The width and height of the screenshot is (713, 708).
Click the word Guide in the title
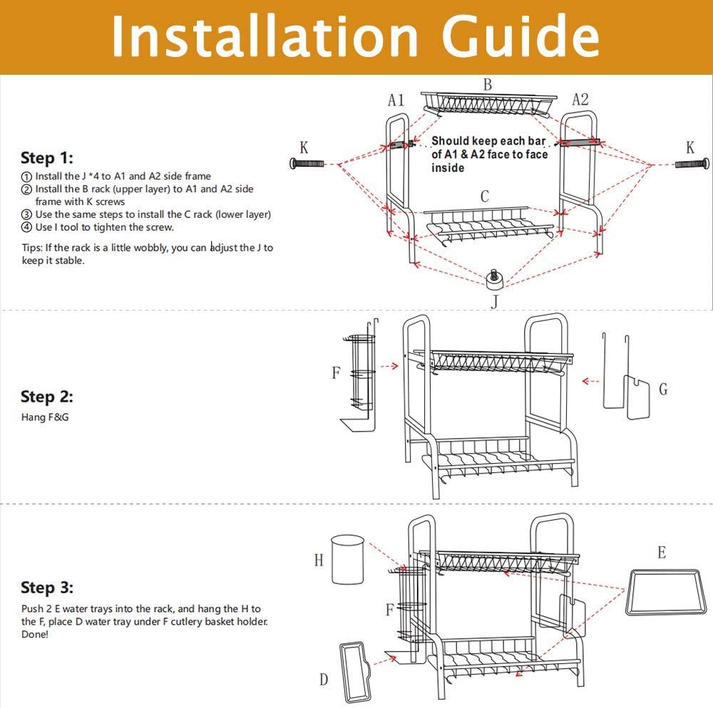tap(520, 36)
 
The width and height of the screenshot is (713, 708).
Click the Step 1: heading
tap(47, 158)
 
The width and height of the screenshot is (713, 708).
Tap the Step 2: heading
tap(47, 397)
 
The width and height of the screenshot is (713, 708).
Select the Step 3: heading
tap(47, 588)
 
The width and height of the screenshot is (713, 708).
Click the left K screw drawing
tap(307, 163)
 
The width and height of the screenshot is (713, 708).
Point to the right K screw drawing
tap(692, 163)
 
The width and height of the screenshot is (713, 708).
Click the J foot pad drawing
tap(494, 279)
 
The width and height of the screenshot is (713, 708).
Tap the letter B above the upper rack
tap(488, 85)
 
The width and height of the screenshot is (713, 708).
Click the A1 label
tap(396, 100)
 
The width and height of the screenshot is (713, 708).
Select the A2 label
tap(580, 100)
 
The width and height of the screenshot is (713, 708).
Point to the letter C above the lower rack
tap(485, 196)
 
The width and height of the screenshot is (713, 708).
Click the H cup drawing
tap(348, 559)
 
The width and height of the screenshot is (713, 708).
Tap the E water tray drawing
tap(667, 592)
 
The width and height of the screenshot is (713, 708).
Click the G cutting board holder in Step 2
tap(627, 377)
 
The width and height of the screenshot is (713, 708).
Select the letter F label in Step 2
tap(336, 373)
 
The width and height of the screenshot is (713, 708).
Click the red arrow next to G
tap(590, 381)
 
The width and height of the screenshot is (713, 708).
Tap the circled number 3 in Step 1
tap(27, 215)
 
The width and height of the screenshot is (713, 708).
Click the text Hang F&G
tap(45, 417)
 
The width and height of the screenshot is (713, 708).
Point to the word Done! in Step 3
tap(34, 634)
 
